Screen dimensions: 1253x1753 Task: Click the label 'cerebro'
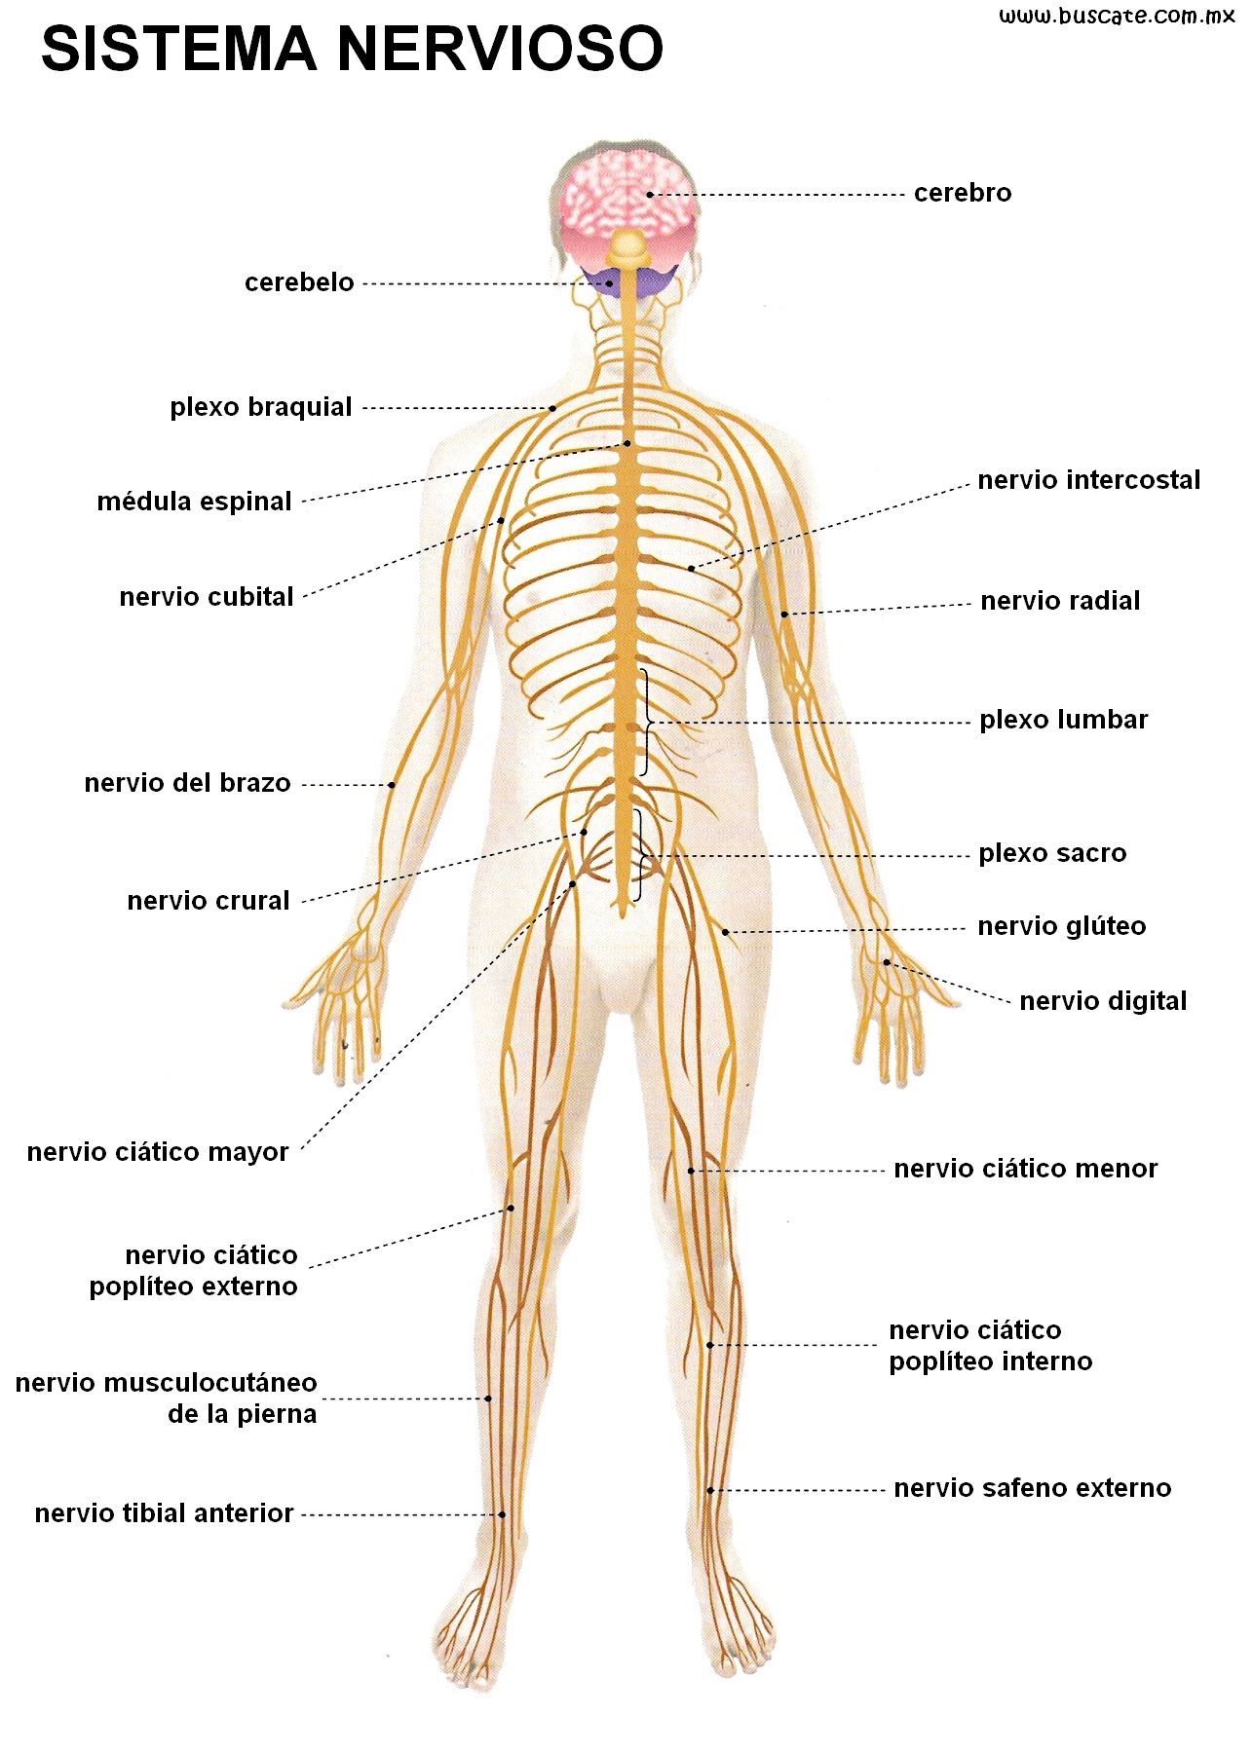pyautogui.click(x=963, y=193)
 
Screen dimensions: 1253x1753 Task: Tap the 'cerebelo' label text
pyautogui.click(x=299, y=282)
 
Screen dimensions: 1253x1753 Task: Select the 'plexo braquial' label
pyautogui.click(x=261, y=407)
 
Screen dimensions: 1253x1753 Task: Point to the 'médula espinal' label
pyautogui.click(x=194, y=502)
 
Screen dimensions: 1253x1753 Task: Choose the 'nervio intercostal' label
pyautogui.click(x=1089, y=480)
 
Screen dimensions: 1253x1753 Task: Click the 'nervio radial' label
pyautogui.click(x=1060, y=601)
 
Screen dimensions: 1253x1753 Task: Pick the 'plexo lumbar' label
pyautogui.click(x=1064, y=721)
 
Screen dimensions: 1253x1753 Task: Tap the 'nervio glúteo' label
pyautogui.click(x=1062, y=926)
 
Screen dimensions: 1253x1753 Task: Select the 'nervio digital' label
pyautogui.click(x=1103, y=1001)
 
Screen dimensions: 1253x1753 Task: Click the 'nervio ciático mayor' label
pyautogui.click(x=158, y=1152)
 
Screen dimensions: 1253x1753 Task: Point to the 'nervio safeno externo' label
pyautogui.click(x=1033, y=1488)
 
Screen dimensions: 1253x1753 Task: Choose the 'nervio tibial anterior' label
pyautogui.click(x=164, y=1513)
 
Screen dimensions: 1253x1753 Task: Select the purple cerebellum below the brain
pyautogui.click(x=628, y=279)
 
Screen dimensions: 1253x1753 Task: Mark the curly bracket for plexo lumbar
pyautogui.click(x=646, y=722)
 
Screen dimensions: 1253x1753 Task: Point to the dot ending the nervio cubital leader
pyautogui.click(x=501, y=520)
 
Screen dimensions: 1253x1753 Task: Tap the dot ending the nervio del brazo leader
pyautogui.click(x=393, y=784)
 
